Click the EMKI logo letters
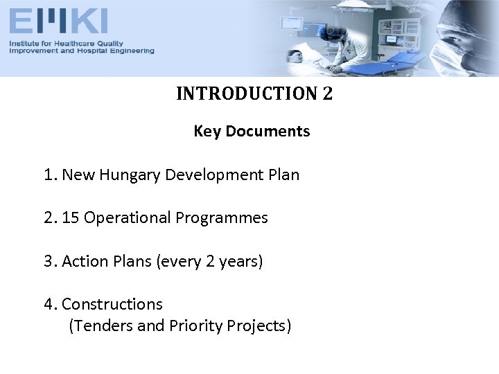[58, 21]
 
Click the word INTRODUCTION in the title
[247, 93]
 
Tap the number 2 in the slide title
[327, 93]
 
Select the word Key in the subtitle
[207, 131]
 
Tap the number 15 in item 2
[70, 218]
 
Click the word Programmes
[222, 218]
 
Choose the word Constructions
[112, 304]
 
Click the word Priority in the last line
[196, 326]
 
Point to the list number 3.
[49, 262]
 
